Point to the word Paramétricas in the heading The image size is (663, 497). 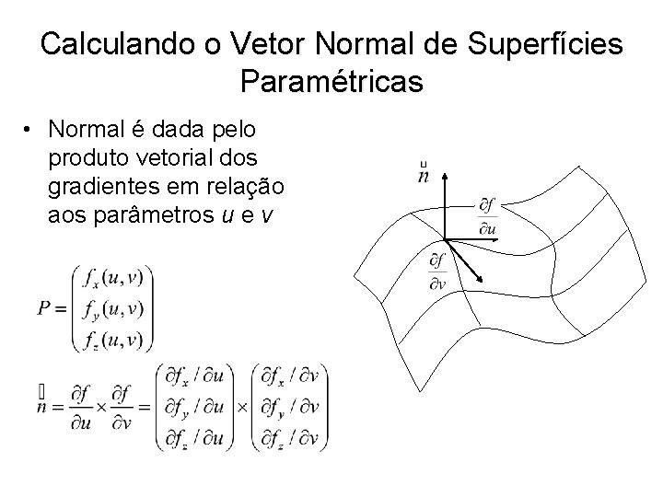coord(331,82)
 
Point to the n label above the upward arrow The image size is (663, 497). coord(424,173)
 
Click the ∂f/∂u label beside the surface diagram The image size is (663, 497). coord(486,214)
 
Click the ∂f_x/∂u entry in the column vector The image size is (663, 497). coord(198,377)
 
